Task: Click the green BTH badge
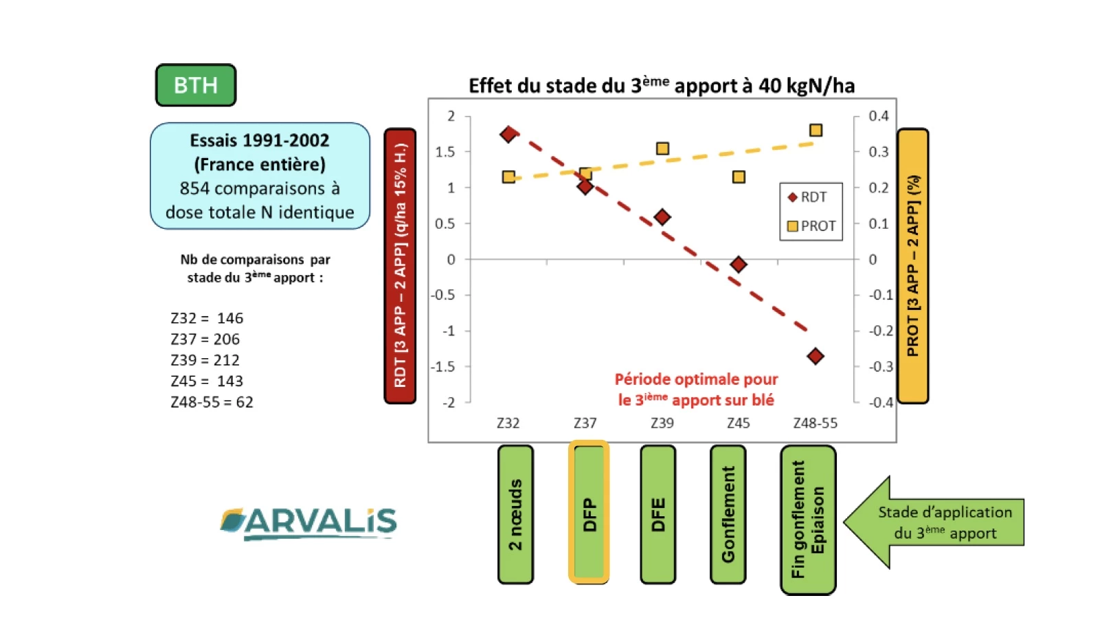(196, 85)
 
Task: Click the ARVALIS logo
(308, 523)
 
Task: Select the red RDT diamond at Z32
(508, 134)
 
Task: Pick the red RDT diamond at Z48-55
(816, 356)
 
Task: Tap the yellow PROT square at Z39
(662, 148)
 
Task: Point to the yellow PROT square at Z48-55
(816, 130)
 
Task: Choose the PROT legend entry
(811, 226)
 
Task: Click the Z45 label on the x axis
(739, 423)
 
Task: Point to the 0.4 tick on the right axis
(878, 116)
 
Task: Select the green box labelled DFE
(658, 514)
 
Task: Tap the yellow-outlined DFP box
(589, 513)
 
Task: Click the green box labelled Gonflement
(728, 514)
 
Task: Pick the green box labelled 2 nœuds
(515, 514)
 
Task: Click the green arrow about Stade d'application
(935, 522)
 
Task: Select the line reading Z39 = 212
(205, 360)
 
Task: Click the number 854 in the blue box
(194, 188)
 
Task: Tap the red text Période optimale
(695, 379)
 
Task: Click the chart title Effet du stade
(661, 86)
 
